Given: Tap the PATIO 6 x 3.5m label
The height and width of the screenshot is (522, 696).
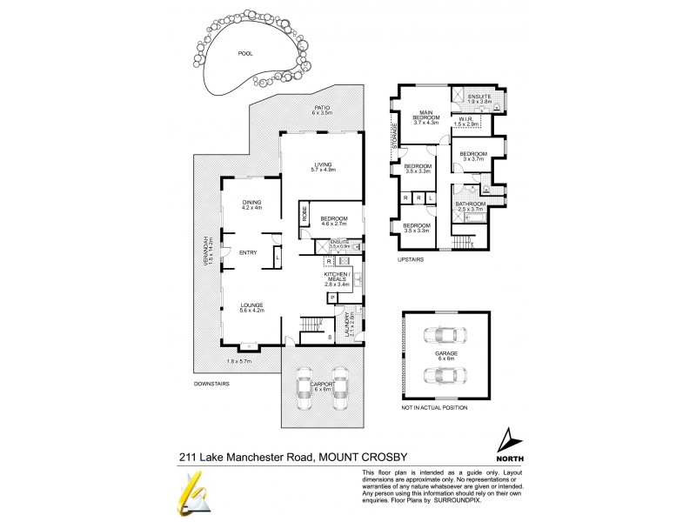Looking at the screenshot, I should coord(322,110).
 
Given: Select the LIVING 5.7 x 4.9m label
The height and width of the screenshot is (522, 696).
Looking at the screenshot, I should coord(323,167).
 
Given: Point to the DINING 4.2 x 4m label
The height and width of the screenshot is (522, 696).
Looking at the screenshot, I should coord(251,204).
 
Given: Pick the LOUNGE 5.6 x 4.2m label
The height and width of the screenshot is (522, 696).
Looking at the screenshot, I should coord(251,307).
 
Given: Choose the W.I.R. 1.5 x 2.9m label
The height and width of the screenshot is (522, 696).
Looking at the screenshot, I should coord(466,123).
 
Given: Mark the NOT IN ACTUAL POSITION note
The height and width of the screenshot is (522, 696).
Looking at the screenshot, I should coord(435,406).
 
